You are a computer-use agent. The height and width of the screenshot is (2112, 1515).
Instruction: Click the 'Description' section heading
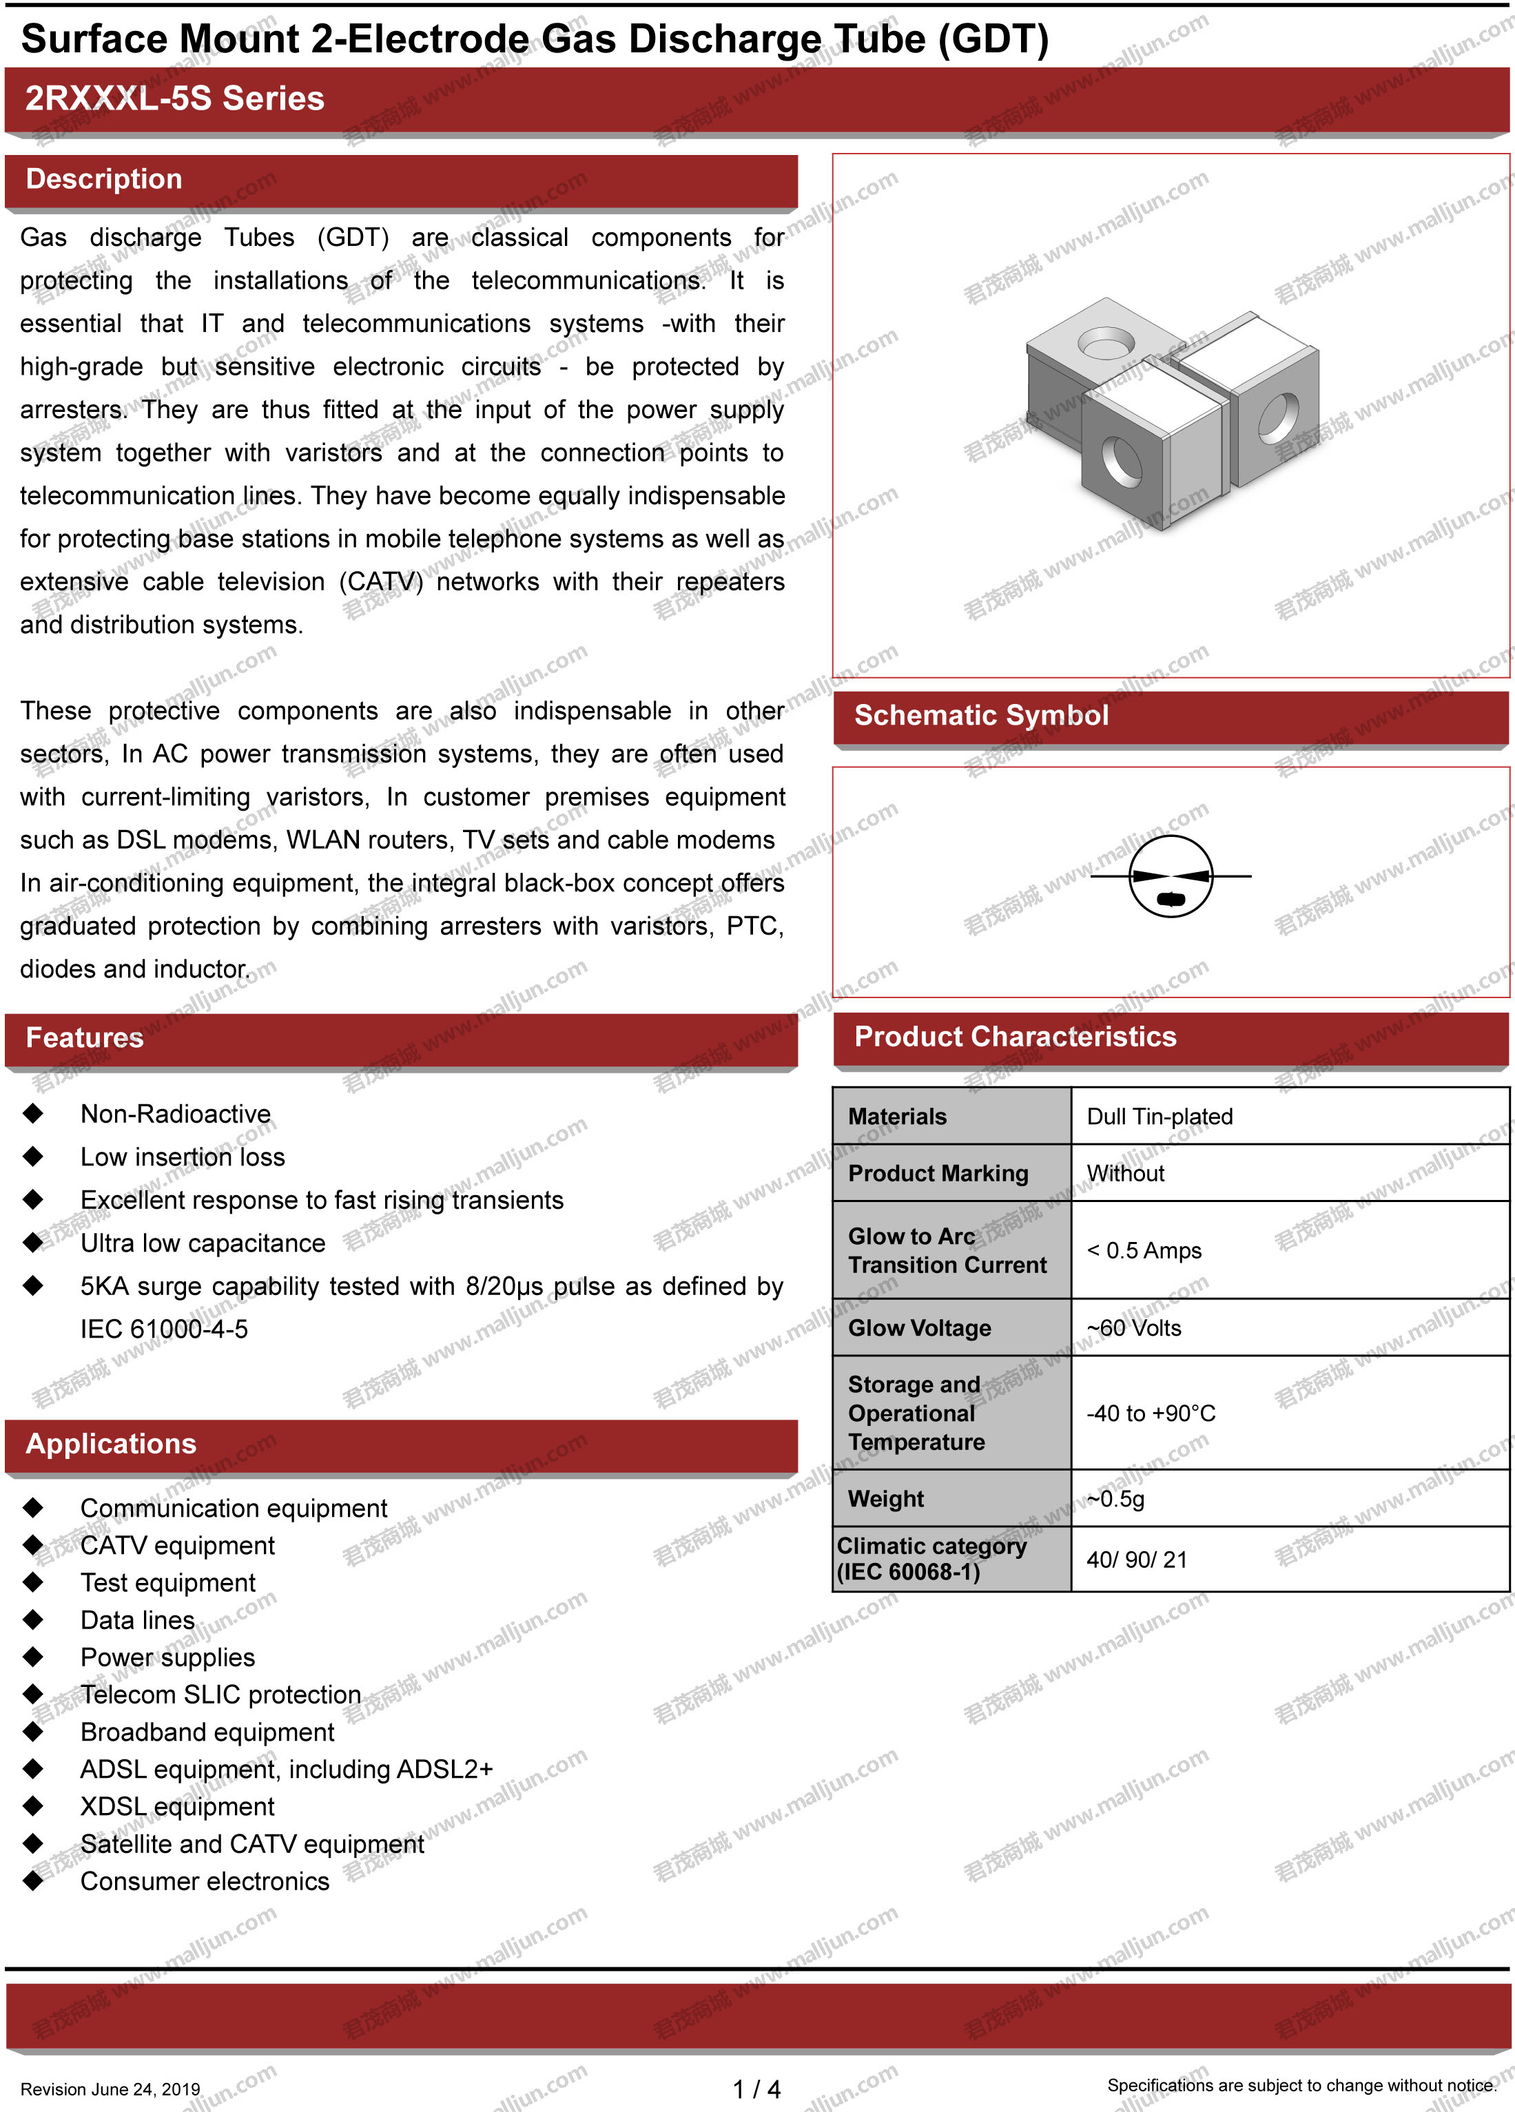coord(104,179)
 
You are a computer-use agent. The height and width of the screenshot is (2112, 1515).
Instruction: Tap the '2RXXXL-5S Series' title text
coord(174,99)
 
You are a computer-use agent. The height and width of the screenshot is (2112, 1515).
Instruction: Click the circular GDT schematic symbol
coord(1171,876)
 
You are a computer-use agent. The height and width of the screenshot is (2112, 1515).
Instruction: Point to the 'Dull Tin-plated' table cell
coord(1160,1117)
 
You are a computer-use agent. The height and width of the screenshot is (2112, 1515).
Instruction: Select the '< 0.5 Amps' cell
coord(1144,1251)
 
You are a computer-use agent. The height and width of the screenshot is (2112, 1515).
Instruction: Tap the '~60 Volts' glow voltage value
coord(1134,1328)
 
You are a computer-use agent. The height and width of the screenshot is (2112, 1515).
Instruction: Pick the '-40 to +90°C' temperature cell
coord(1151,1414)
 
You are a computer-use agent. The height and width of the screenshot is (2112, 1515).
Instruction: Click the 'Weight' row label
coord(885,1498)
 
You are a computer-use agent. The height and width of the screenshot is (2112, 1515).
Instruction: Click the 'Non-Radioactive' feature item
coord(175,1114)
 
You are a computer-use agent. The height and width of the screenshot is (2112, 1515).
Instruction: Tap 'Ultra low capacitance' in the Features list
coord(203,1243)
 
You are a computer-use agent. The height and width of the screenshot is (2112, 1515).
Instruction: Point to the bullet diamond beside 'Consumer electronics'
coord(34,1881)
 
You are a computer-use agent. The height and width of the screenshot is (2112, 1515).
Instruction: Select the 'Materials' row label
coord(897,1117)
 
